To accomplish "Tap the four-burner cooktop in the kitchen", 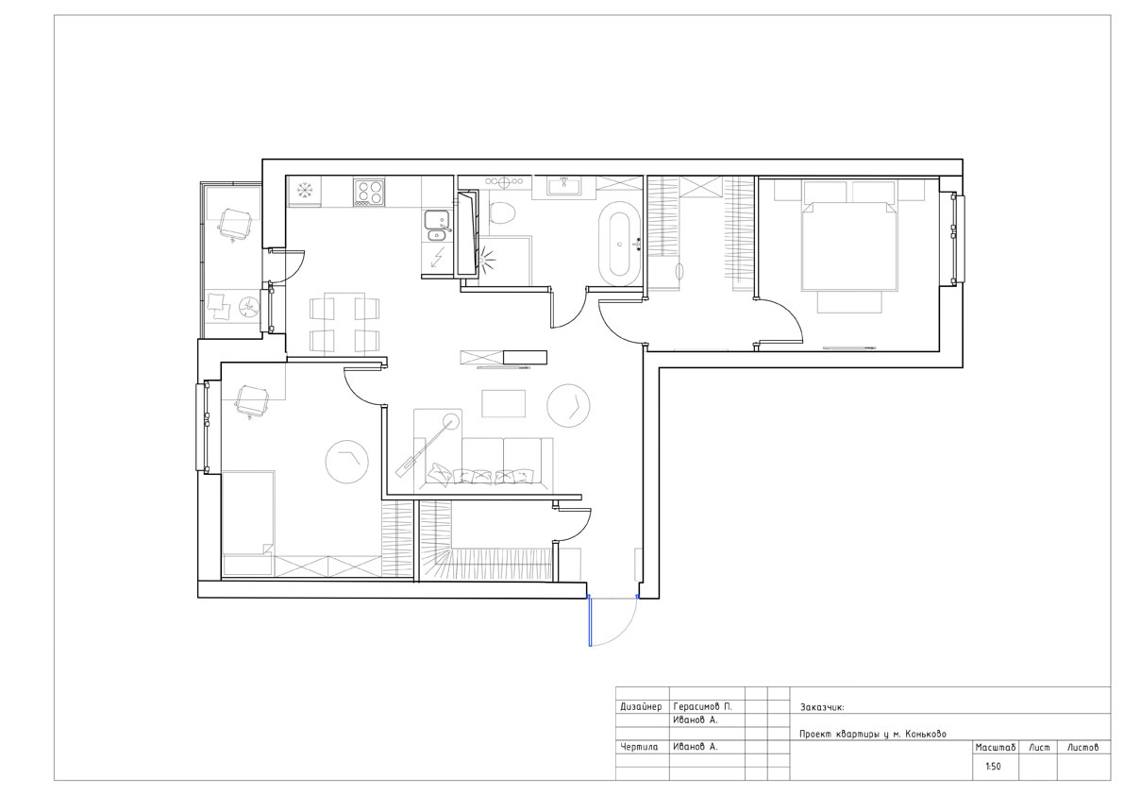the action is coord(369,192).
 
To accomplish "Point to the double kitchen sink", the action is coord(436,226).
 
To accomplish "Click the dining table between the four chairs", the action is coord(344,323).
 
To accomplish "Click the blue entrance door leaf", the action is coord(590,621).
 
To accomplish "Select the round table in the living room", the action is coord(568,406).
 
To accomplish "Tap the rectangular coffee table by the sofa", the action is coord(503,403).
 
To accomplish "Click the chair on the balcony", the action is coord(234,224).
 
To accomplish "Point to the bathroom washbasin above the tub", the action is coord(563,186).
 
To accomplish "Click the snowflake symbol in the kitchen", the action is coord(305,190).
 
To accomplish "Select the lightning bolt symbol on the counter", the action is coord(436,258).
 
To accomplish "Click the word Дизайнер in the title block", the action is coord(641,707).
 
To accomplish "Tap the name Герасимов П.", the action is coord(702,707).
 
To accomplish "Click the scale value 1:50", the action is coord(993,767).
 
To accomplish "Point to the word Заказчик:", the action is coord(822,707).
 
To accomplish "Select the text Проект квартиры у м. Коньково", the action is coord(873,734).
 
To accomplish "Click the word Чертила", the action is coord(639,747).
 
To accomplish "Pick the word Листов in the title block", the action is coord(1082,748).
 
